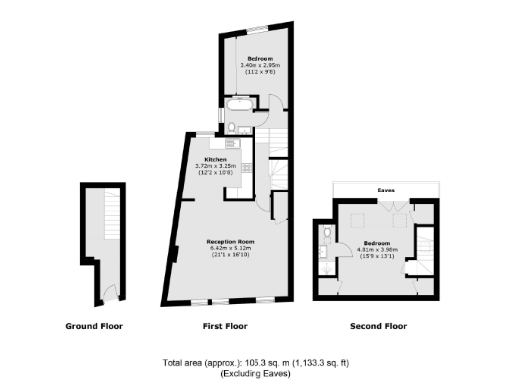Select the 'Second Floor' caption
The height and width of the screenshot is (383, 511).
[x=378, y=326]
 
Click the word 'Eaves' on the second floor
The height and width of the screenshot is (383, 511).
[x=385, y=188]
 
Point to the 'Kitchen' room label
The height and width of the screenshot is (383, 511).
[x=216, y=160]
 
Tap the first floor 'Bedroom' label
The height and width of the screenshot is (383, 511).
[x=261, y=59]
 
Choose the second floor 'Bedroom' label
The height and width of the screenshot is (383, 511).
[x=377, y=242]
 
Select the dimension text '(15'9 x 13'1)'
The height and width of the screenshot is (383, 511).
[x=377, y=257]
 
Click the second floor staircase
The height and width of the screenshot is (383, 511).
[x=423, y=254]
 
